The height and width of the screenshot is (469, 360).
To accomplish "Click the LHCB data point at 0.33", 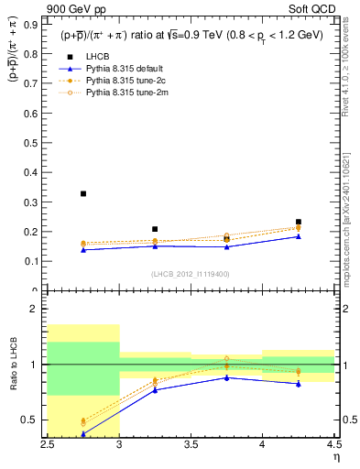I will (x=83, y=193).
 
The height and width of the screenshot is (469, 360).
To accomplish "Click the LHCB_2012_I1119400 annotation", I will (x=191, y=273).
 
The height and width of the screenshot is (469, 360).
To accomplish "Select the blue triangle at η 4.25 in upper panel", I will (x=298, y=236).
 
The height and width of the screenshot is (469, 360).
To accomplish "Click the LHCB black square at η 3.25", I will (x=155, y=229).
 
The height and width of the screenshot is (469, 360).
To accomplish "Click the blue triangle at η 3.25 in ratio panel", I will (x=155, y=389).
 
